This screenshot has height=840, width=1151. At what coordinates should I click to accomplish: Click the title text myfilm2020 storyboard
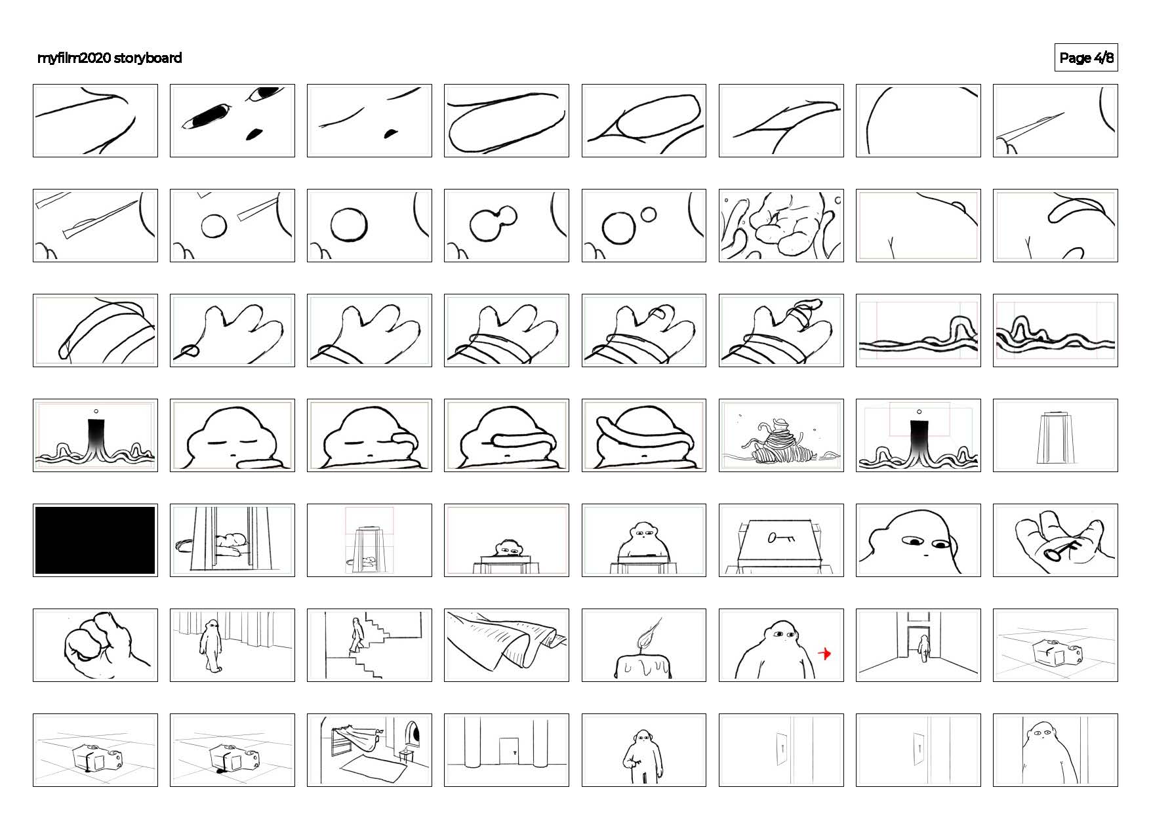[110, 58]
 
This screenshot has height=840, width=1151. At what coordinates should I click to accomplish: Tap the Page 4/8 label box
[1085, 58]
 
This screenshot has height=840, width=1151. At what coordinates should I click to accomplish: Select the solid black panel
[95, 540]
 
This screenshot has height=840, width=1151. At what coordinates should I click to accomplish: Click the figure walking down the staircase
[356, 634]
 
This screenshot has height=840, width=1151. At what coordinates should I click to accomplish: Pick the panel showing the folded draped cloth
[506, 645]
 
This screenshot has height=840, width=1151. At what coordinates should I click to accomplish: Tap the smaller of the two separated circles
[648, 214]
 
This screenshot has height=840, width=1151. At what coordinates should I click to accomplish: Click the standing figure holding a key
[640, 756]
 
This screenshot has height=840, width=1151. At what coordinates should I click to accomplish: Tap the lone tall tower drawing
[1055, 437]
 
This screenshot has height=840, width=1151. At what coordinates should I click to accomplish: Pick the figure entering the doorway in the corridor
[923, 647]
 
